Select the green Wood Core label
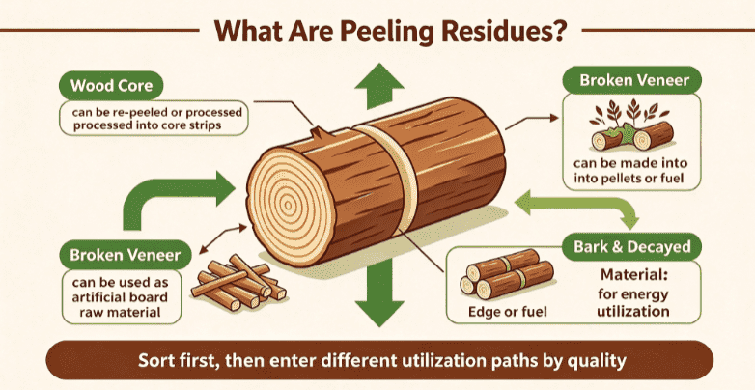pyautogui.click(x=111, y=86)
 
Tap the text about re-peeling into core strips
pyautogui.click(x=154, y=119)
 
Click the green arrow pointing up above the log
pyautogui.click(x=379, y=86)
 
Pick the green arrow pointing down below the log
pyautogui.click(x=379, y=294)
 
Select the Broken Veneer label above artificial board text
pyautogui.click(x=126, y=254)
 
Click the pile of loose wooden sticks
pyautogui.click(x=238, y=283)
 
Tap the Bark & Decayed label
pyautogui.click(x=631, y=247)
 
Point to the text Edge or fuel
pyautogui.click(x=508, y=312)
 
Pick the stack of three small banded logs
pyautogui.click(x=507, y=275)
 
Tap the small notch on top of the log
pyautogui.click(x=319, y=132)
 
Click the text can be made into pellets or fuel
pyautogui.click(x=630, y=171)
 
